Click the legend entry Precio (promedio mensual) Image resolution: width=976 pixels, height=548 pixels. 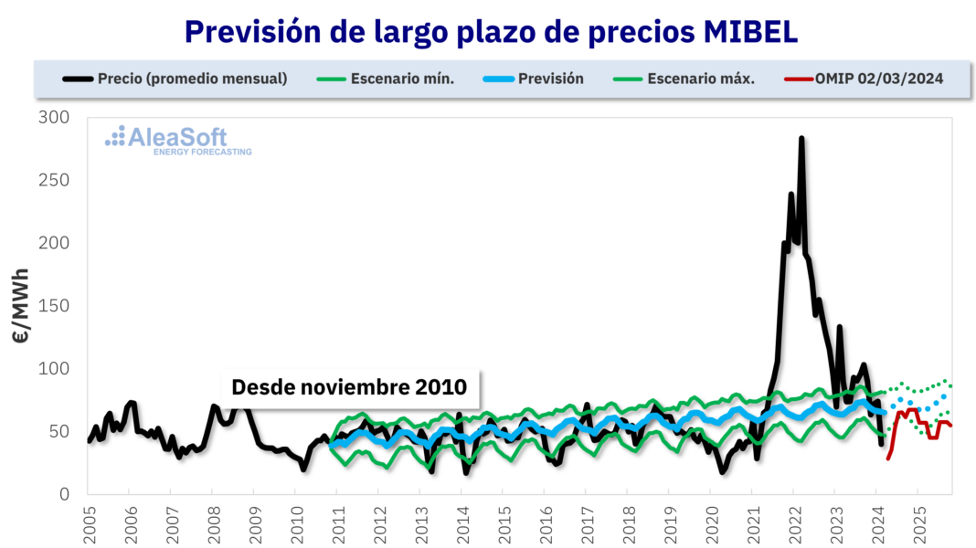(175, 79)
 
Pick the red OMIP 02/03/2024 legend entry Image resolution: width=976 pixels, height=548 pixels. (864, 79)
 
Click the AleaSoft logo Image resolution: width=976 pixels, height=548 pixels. (178, 139)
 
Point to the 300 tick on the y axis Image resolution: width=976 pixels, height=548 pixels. (55, 118)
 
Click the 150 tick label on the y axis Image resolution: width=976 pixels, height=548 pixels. (55, 306)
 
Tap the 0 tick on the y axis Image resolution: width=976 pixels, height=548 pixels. (64, 494)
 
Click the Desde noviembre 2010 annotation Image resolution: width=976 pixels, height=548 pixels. (349, 387)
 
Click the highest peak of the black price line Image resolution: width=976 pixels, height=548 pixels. (801, 140)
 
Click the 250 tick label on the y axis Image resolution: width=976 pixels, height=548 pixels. (55, 181)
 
